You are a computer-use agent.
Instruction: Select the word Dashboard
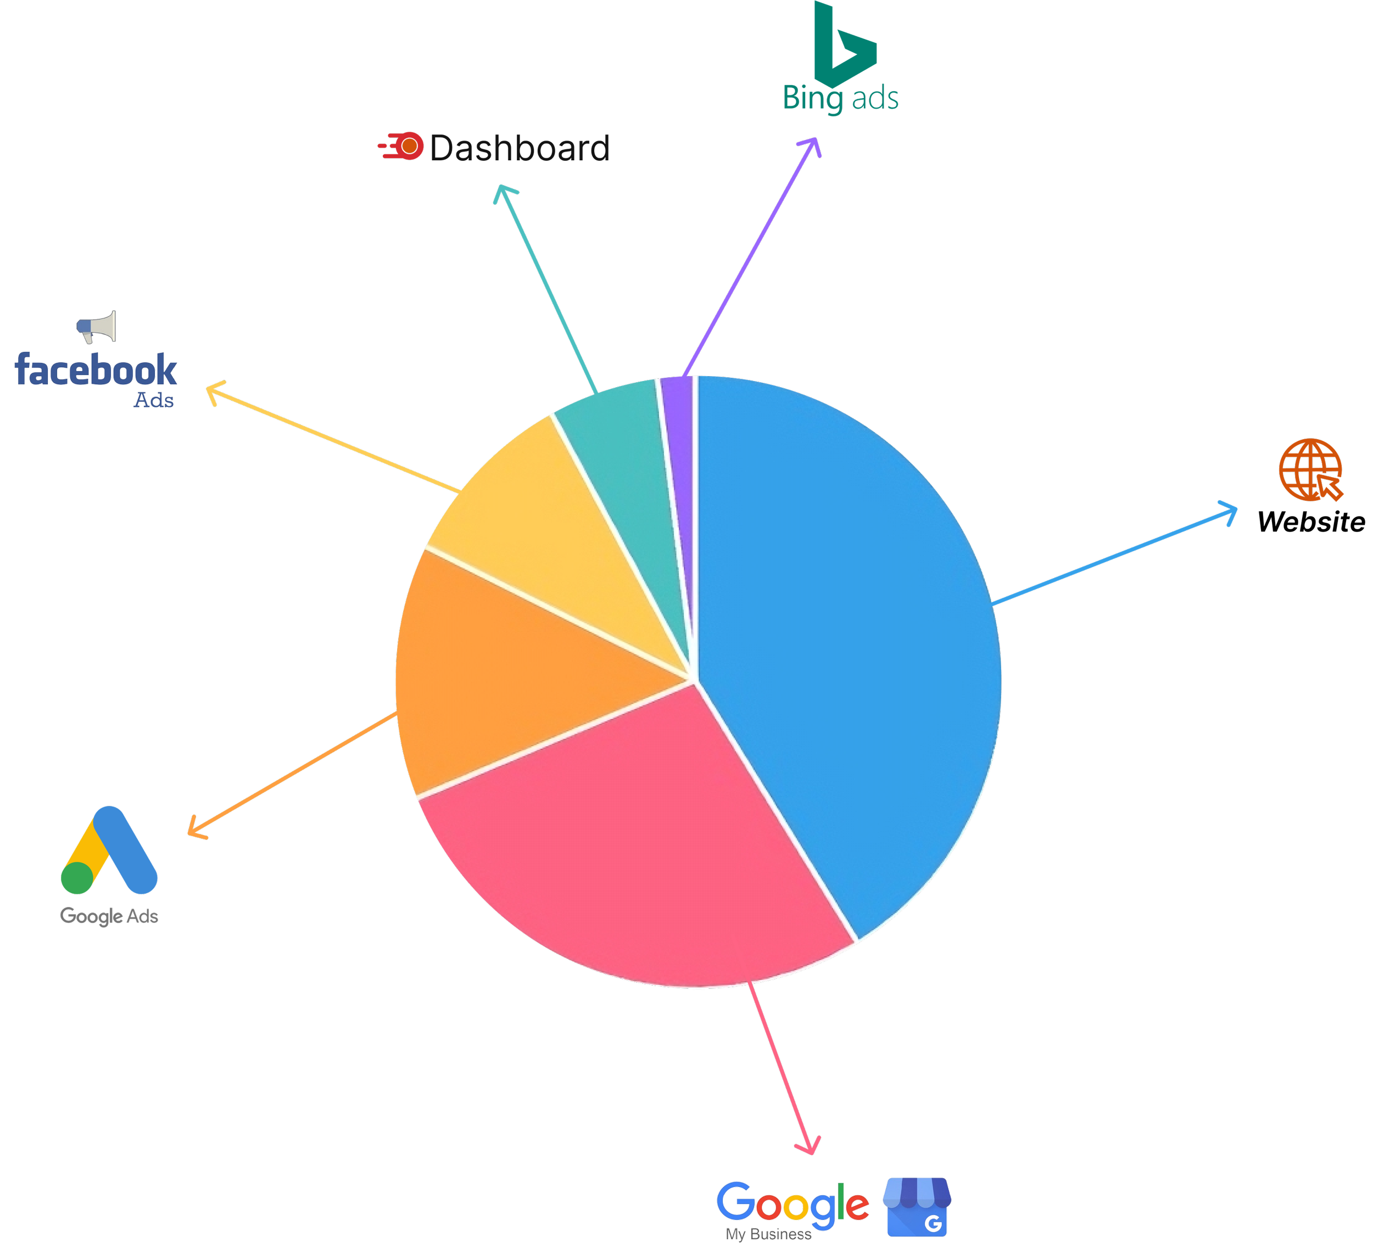coord(517,148)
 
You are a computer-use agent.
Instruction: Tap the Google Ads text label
coord(109,916)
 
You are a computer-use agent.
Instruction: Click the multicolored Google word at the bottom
coord(792,1203)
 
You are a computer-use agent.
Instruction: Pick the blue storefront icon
coord(917,1206)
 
